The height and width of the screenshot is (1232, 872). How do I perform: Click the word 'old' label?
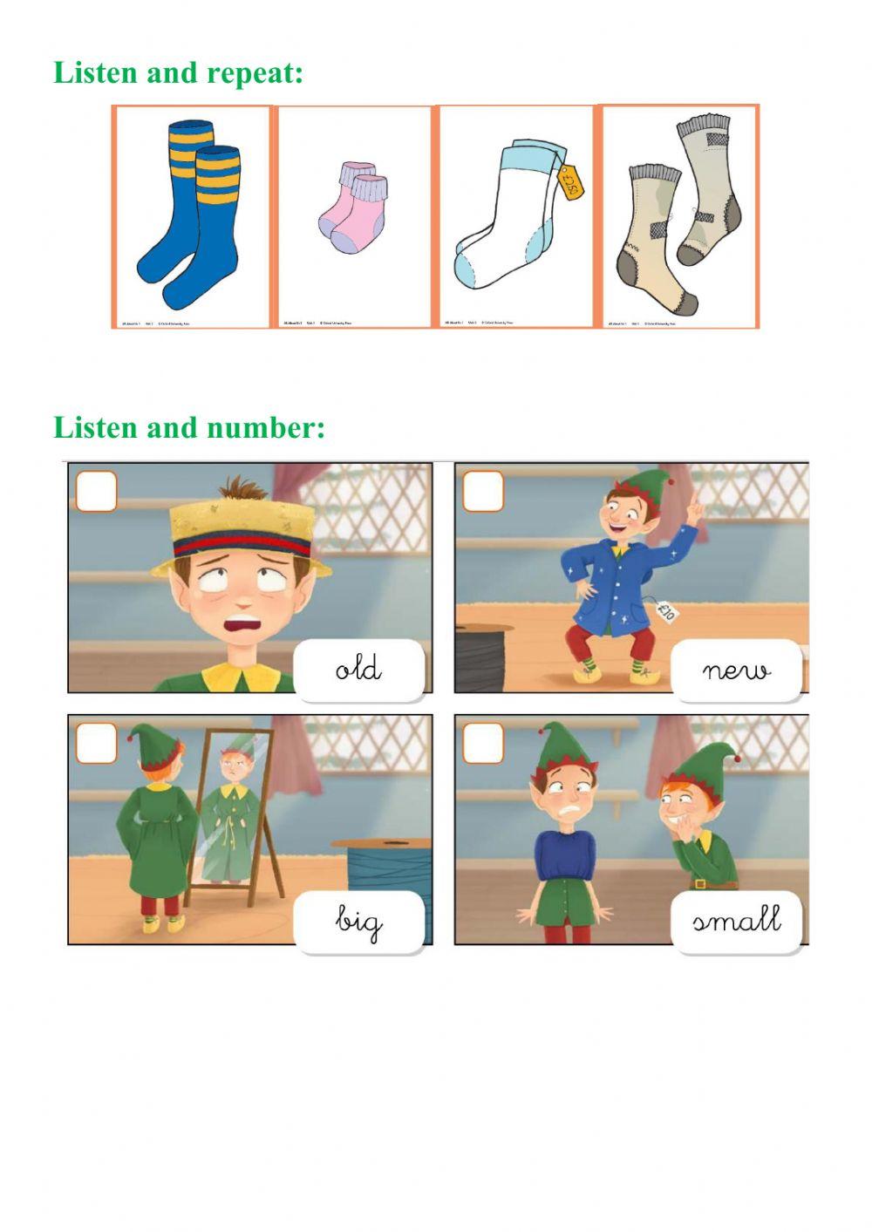coord(358,669)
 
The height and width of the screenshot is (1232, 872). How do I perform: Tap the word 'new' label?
coord(736,670)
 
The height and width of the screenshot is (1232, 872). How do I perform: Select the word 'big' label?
coord(358,921)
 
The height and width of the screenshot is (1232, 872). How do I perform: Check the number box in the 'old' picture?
coord(96,491)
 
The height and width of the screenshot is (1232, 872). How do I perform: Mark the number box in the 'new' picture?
coord(482,491)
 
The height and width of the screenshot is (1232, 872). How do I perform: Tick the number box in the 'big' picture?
coord(96,743)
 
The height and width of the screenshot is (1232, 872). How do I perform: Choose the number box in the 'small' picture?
coord(482,743)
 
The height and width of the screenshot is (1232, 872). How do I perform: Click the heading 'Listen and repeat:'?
coord(179,72)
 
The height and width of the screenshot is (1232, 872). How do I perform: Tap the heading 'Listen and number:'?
coord(189,427)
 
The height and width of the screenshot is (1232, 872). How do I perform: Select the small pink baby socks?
coord(353,208)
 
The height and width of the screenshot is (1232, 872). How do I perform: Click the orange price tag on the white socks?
coord(570,182)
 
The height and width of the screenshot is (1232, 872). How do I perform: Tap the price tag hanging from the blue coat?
coord(666,609)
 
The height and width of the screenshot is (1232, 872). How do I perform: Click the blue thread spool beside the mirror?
coord(389,872)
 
